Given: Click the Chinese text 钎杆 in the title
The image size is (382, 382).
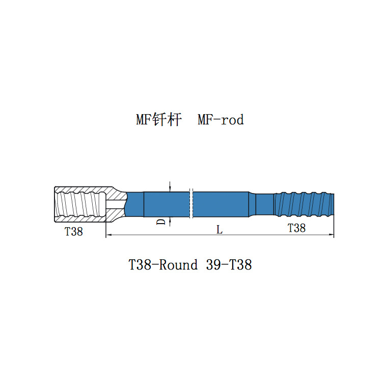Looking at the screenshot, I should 167,120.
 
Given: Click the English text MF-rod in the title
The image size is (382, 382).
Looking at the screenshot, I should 221,120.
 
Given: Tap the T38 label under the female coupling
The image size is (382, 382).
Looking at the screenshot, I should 73,232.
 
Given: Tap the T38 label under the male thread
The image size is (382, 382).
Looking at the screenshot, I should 296,228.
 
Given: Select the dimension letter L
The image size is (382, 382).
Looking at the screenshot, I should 219,230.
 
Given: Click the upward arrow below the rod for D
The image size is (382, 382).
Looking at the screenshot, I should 170,221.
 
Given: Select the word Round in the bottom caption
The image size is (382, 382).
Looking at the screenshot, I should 178,265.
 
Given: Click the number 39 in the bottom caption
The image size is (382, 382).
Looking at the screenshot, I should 213,265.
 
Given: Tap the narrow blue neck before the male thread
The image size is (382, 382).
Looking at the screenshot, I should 264,204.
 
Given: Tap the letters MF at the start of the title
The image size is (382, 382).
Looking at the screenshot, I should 144,120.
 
